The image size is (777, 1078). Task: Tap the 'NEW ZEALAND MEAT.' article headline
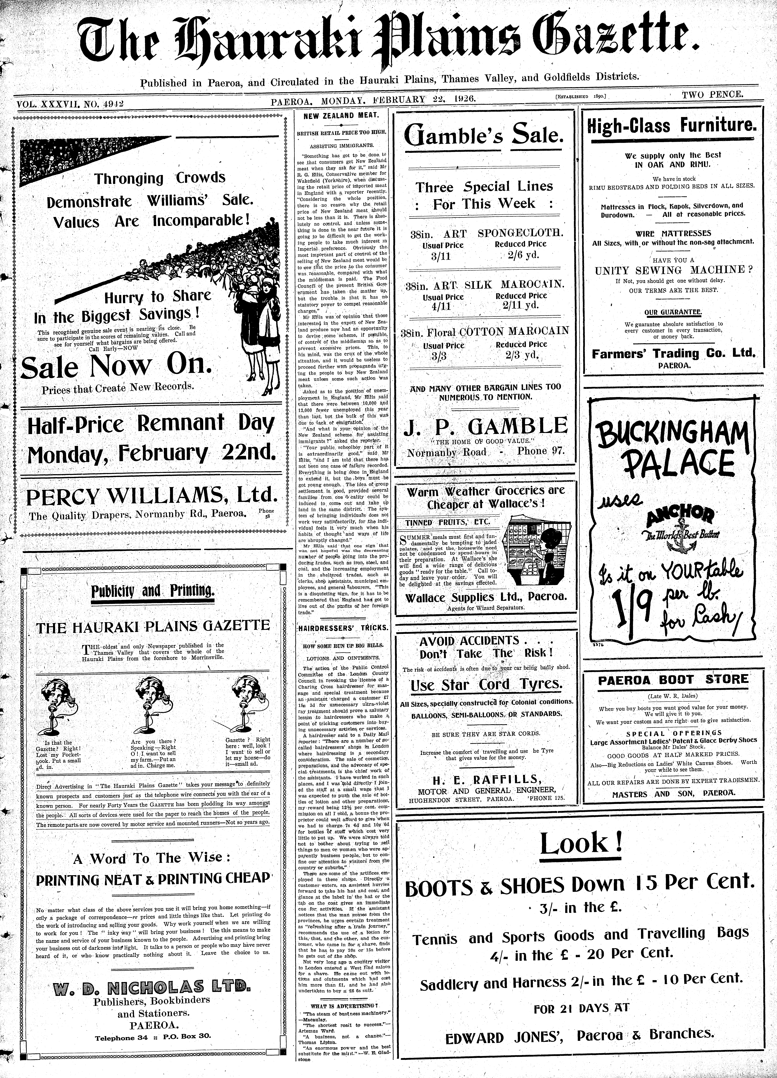(341, 116)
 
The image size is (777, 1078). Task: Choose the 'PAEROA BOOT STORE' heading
(673, 680)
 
